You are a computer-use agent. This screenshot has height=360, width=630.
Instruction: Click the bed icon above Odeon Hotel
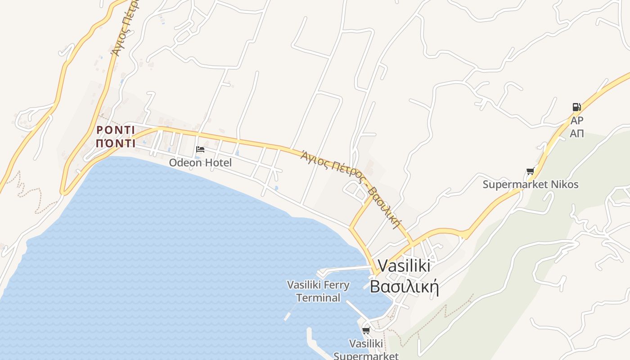click(x=200, y=149)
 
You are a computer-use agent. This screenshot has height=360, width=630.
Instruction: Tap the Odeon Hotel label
click(x=200, y=162)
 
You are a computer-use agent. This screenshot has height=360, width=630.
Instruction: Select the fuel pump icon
click(x=576, y=107)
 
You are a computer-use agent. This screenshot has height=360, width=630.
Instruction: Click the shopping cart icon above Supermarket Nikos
click(x=530, y=171)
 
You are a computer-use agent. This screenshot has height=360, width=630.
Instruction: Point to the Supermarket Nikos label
click(x=531, y=184)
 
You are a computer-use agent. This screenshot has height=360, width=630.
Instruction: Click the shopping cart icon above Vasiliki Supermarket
click(x=366, y=331)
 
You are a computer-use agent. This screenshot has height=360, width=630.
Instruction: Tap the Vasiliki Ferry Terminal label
click(x=318, y=291)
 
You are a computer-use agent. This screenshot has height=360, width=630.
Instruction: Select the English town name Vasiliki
click(x=404, y=265)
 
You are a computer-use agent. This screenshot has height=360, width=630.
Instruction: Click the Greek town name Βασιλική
click(x=404, y=287)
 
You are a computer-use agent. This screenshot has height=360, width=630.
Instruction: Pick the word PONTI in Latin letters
click(x=116, y=130)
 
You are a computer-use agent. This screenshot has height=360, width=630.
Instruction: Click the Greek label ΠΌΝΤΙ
click(x=116, y=144)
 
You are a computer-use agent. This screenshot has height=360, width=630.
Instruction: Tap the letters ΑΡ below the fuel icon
click(x=576, y=121)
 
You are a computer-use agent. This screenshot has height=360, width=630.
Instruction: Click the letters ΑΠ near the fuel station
click(x=576, y=133)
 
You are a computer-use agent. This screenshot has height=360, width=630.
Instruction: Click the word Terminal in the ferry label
click(x=318, y=298)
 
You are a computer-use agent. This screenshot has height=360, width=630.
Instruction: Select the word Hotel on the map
click(x=218, y=162)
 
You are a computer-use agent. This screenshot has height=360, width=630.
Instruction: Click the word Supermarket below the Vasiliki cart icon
click(x=366, y=356)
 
